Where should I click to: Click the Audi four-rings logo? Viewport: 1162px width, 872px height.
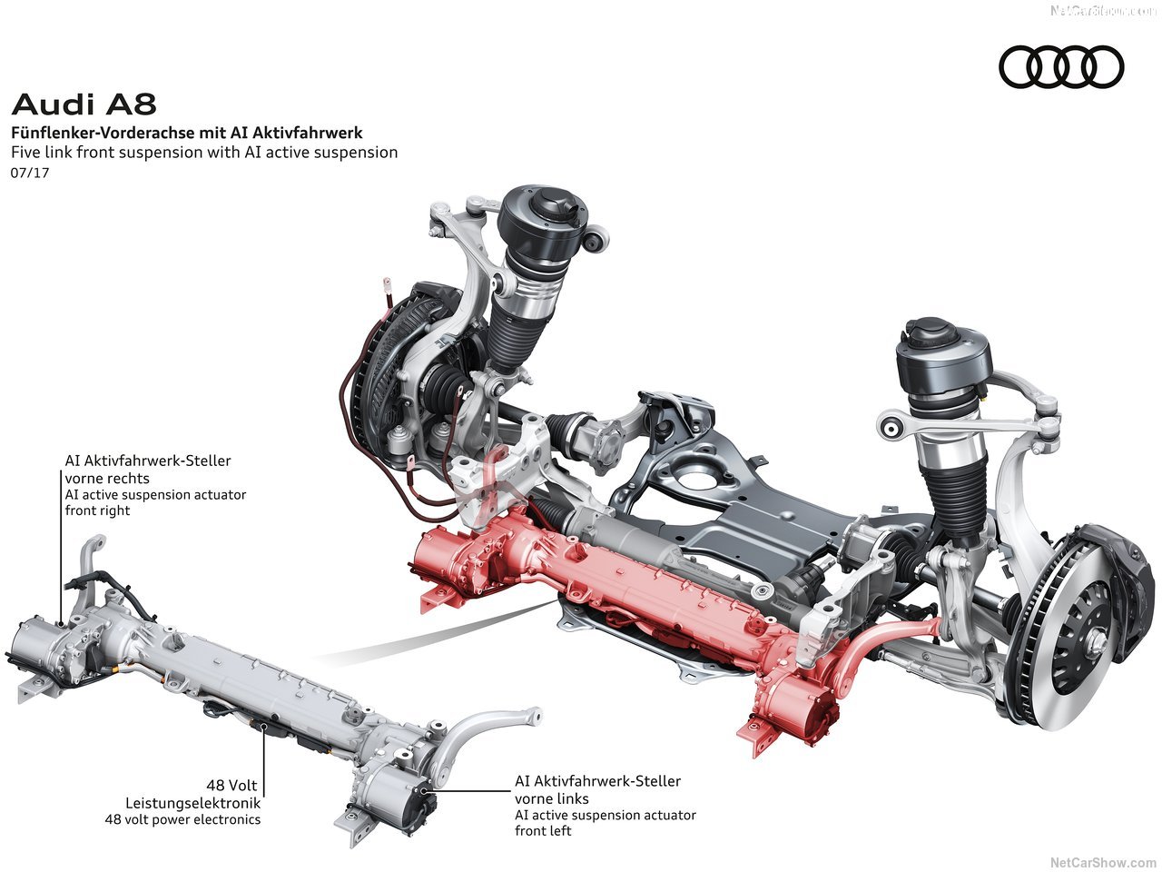(x=1061, y=67)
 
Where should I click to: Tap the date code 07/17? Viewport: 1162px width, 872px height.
(x=30, y=173)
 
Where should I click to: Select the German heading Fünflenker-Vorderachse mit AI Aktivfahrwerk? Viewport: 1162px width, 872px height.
(x=186, y=133)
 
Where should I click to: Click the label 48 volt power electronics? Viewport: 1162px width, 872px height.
(x=182, y=819)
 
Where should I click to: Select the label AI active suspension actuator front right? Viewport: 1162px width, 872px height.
(x=155, y=502)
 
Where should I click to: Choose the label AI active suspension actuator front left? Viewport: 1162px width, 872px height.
(x=605, y=823)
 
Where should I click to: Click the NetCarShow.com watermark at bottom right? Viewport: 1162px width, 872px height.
(x=1102, y=862)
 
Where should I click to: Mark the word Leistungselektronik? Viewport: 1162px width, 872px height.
(x=192, y=803)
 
